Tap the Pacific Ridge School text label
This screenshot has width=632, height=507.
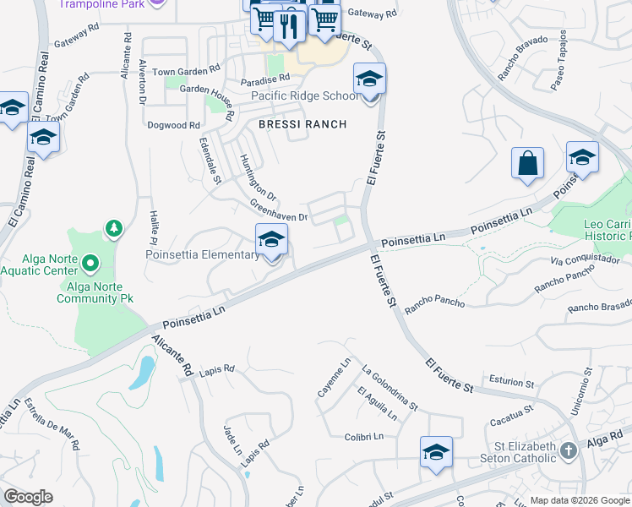pos(305,95)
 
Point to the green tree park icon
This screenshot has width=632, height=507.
pos(113,228)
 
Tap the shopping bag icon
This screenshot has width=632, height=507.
pos(527,163)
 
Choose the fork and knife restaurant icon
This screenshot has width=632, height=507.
pos(289,26)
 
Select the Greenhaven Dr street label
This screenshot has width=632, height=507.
pos(278,210)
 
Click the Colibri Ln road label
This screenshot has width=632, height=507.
pos(364,437)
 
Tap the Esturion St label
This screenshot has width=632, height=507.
pos(511,382)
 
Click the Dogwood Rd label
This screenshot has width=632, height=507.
pos(172,125)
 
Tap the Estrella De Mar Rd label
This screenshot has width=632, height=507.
pos(52,422)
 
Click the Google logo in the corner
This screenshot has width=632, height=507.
pos(28,497)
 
